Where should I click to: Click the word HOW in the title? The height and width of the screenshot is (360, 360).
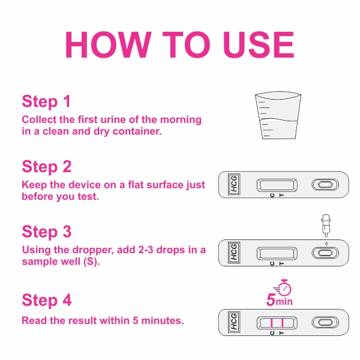point(109,44)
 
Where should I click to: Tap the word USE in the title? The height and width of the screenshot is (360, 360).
point(259,44)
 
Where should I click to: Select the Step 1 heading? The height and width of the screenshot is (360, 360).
point(46,101)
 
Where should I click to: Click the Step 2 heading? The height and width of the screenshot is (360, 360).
point(47,166)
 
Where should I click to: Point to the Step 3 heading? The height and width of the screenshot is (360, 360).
point(47,232)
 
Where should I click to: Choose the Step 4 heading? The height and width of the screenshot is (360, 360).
point(47,300)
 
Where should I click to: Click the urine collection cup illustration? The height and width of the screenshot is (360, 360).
point(278,115)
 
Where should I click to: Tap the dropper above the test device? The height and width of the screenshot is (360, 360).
point(326,226)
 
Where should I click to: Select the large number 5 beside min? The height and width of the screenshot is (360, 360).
point(271,300)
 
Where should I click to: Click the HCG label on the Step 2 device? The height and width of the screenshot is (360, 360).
point(234,184)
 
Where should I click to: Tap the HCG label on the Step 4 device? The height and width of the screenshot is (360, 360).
point(234,322)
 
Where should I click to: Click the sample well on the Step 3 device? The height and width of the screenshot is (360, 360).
point(325,253)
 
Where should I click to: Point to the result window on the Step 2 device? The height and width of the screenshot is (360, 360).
point(277,185)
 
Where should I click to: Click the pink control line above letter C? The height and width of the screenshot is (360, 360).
point(272,323)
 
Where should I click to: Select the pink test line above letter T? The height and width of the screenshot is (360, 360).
point(283,323)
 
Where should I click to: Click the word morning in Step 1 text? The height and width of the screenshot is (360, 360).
point(181,120)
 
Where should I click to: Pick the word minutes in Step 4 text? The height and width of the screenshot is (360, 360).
point(163,320)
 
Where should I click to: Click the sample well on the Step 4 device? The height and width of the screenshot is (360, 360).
point(325,322)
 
